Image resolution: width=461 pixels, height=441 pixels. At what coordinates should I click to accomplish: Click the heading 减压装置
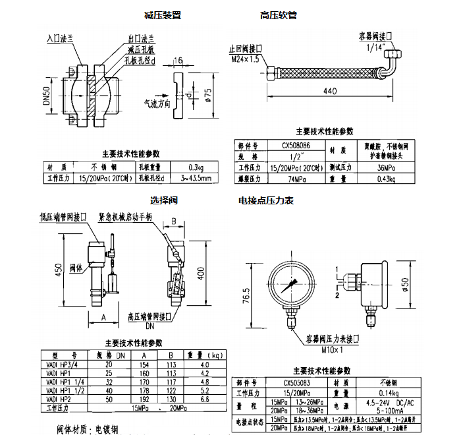click(x=163, y=15)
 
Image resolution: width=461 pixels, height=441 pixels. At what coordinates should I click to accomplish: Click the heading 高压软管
click(x=278, y=15)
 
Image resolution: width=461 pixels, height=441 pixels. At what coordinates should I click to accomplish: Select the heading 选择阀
click(x=164, y=200)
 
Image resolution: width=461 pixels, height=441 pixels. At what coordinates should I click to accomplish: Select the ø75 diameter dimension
click(x=208, y=96)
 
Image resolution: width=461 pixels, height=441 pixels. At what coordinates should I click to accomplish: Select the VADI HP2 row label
click(x=57, y=399)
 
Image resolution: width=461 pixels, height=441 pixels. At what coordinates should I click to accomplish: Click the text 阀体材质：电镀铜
click(x=88, y=430)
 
